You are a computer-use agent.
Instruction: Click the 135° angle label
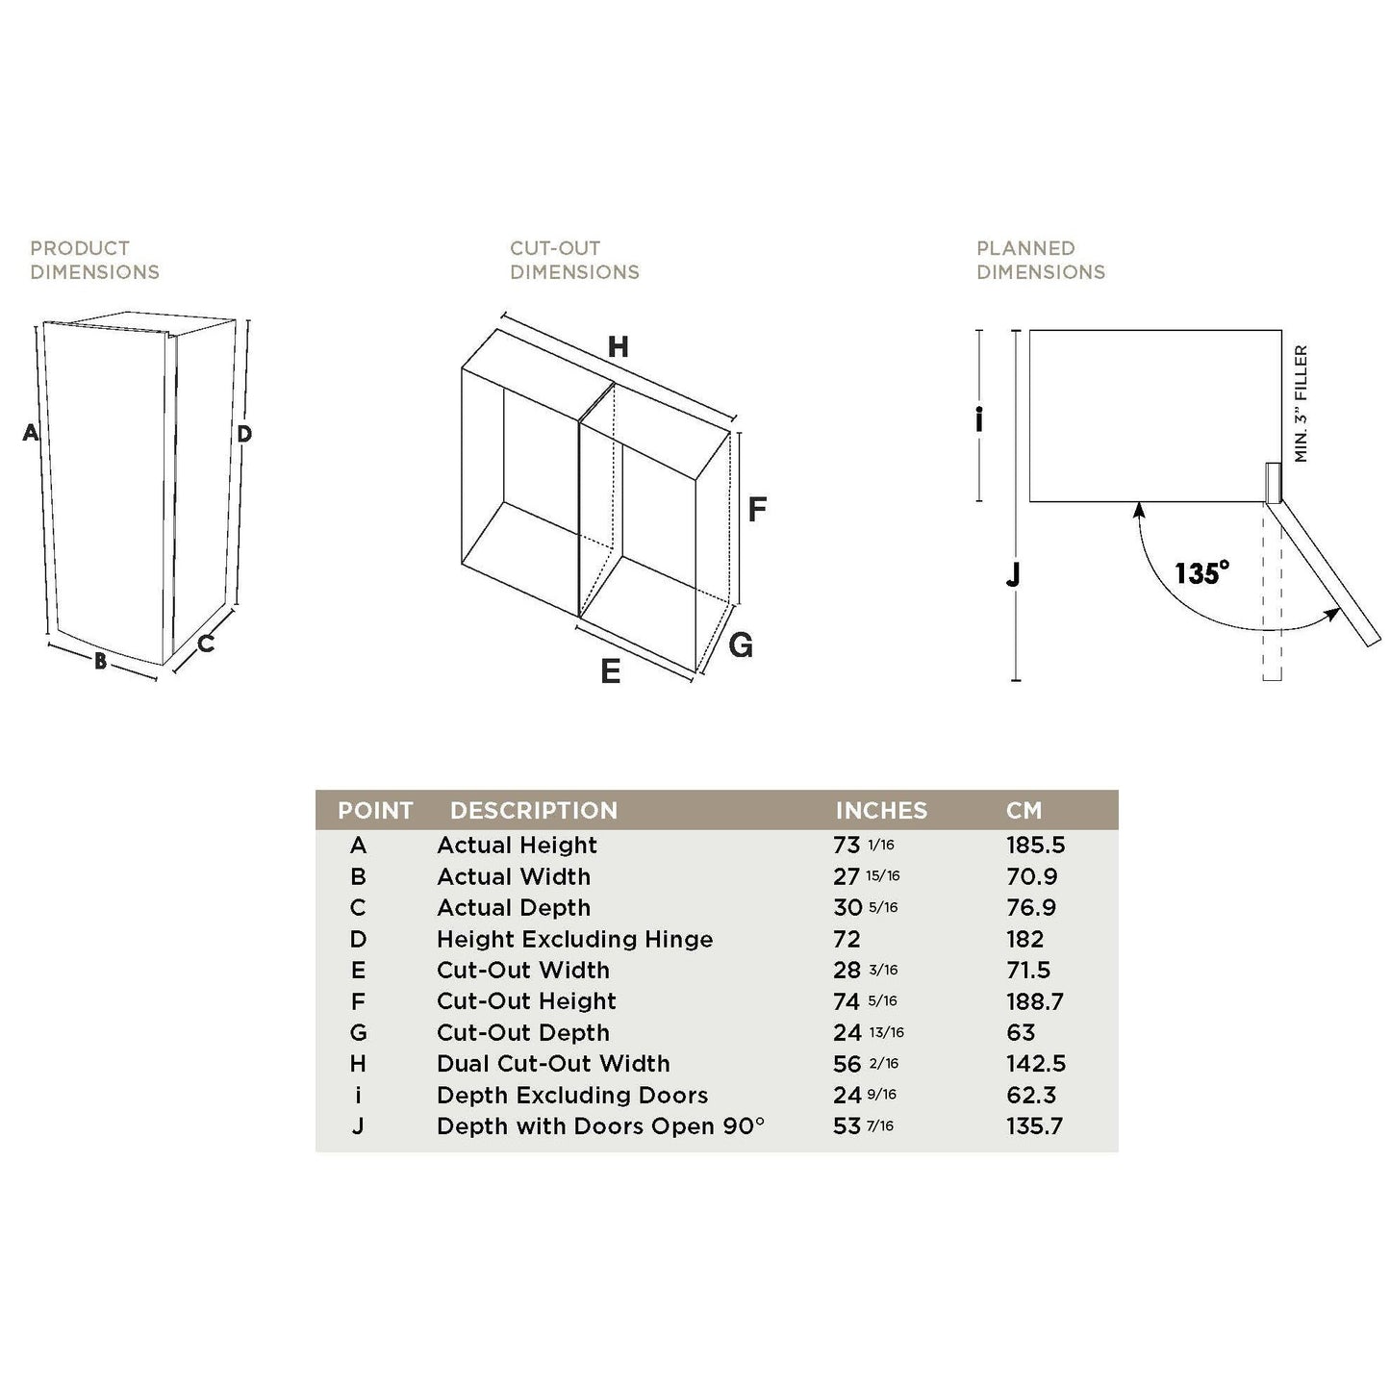click(1201, 573)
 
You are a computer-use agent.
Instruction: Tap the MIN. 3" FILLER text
click(1302, 404)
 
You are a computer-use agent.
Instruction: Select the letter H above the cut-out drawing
click(619, 347)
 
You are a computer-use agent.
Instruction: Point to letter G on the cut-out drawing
click(741, 645)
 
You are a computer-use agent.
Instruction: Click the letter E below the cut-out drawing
click(610, 671)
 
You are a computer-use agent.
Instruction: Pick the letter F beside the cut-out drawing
click(757, 510)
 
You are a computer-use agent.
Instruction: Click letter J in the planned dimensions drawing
click(1012, 575)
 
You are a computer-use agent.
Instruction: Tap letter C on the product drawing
click(206, 644)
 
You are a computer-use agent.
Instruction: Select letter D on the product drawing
click(244, 435)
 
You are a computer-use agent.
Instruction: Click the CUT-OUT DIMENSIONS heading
click(574, 261)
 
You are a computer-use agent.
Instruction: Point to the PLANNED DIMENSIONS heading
click(1041, 261)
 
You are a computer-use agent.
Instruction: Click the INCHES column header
click(881, 811)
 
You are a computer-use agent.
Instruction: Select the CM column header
click(1024, 811)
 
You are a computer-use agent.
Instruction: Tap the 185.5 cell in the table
click(1036, 846)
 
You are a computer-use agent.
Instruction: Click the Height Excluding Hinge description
click(574, 940)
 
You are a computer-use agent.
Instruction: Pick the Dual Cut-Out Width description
click(553, 1064)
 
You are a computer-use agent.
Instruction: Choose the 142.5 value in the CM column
click(1036, 1064)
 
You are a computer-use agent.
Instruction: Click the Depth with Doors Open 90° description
click(600, 1126)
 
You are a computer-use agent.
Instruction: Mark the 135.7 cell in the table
click(1035, 1126)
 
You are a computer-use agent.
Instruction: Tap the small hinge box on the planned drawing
click(1273, 483)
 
